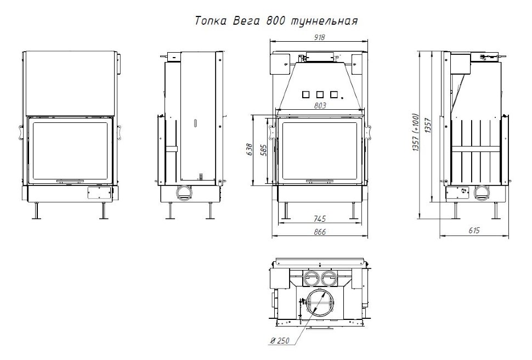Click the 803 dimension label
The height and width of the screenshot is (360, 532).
[320, 105]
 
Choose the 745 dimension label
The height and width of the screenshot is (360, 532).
[320, 218]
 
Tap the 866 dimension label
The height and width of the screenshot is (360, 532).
[320, 232]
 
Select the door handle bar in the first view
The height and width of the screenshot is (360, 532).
[69, 180]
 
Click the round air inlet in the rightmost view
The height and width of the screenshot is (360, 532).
[483, 193]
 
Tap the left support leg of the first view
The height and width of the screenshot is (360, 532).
[36, 211]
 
